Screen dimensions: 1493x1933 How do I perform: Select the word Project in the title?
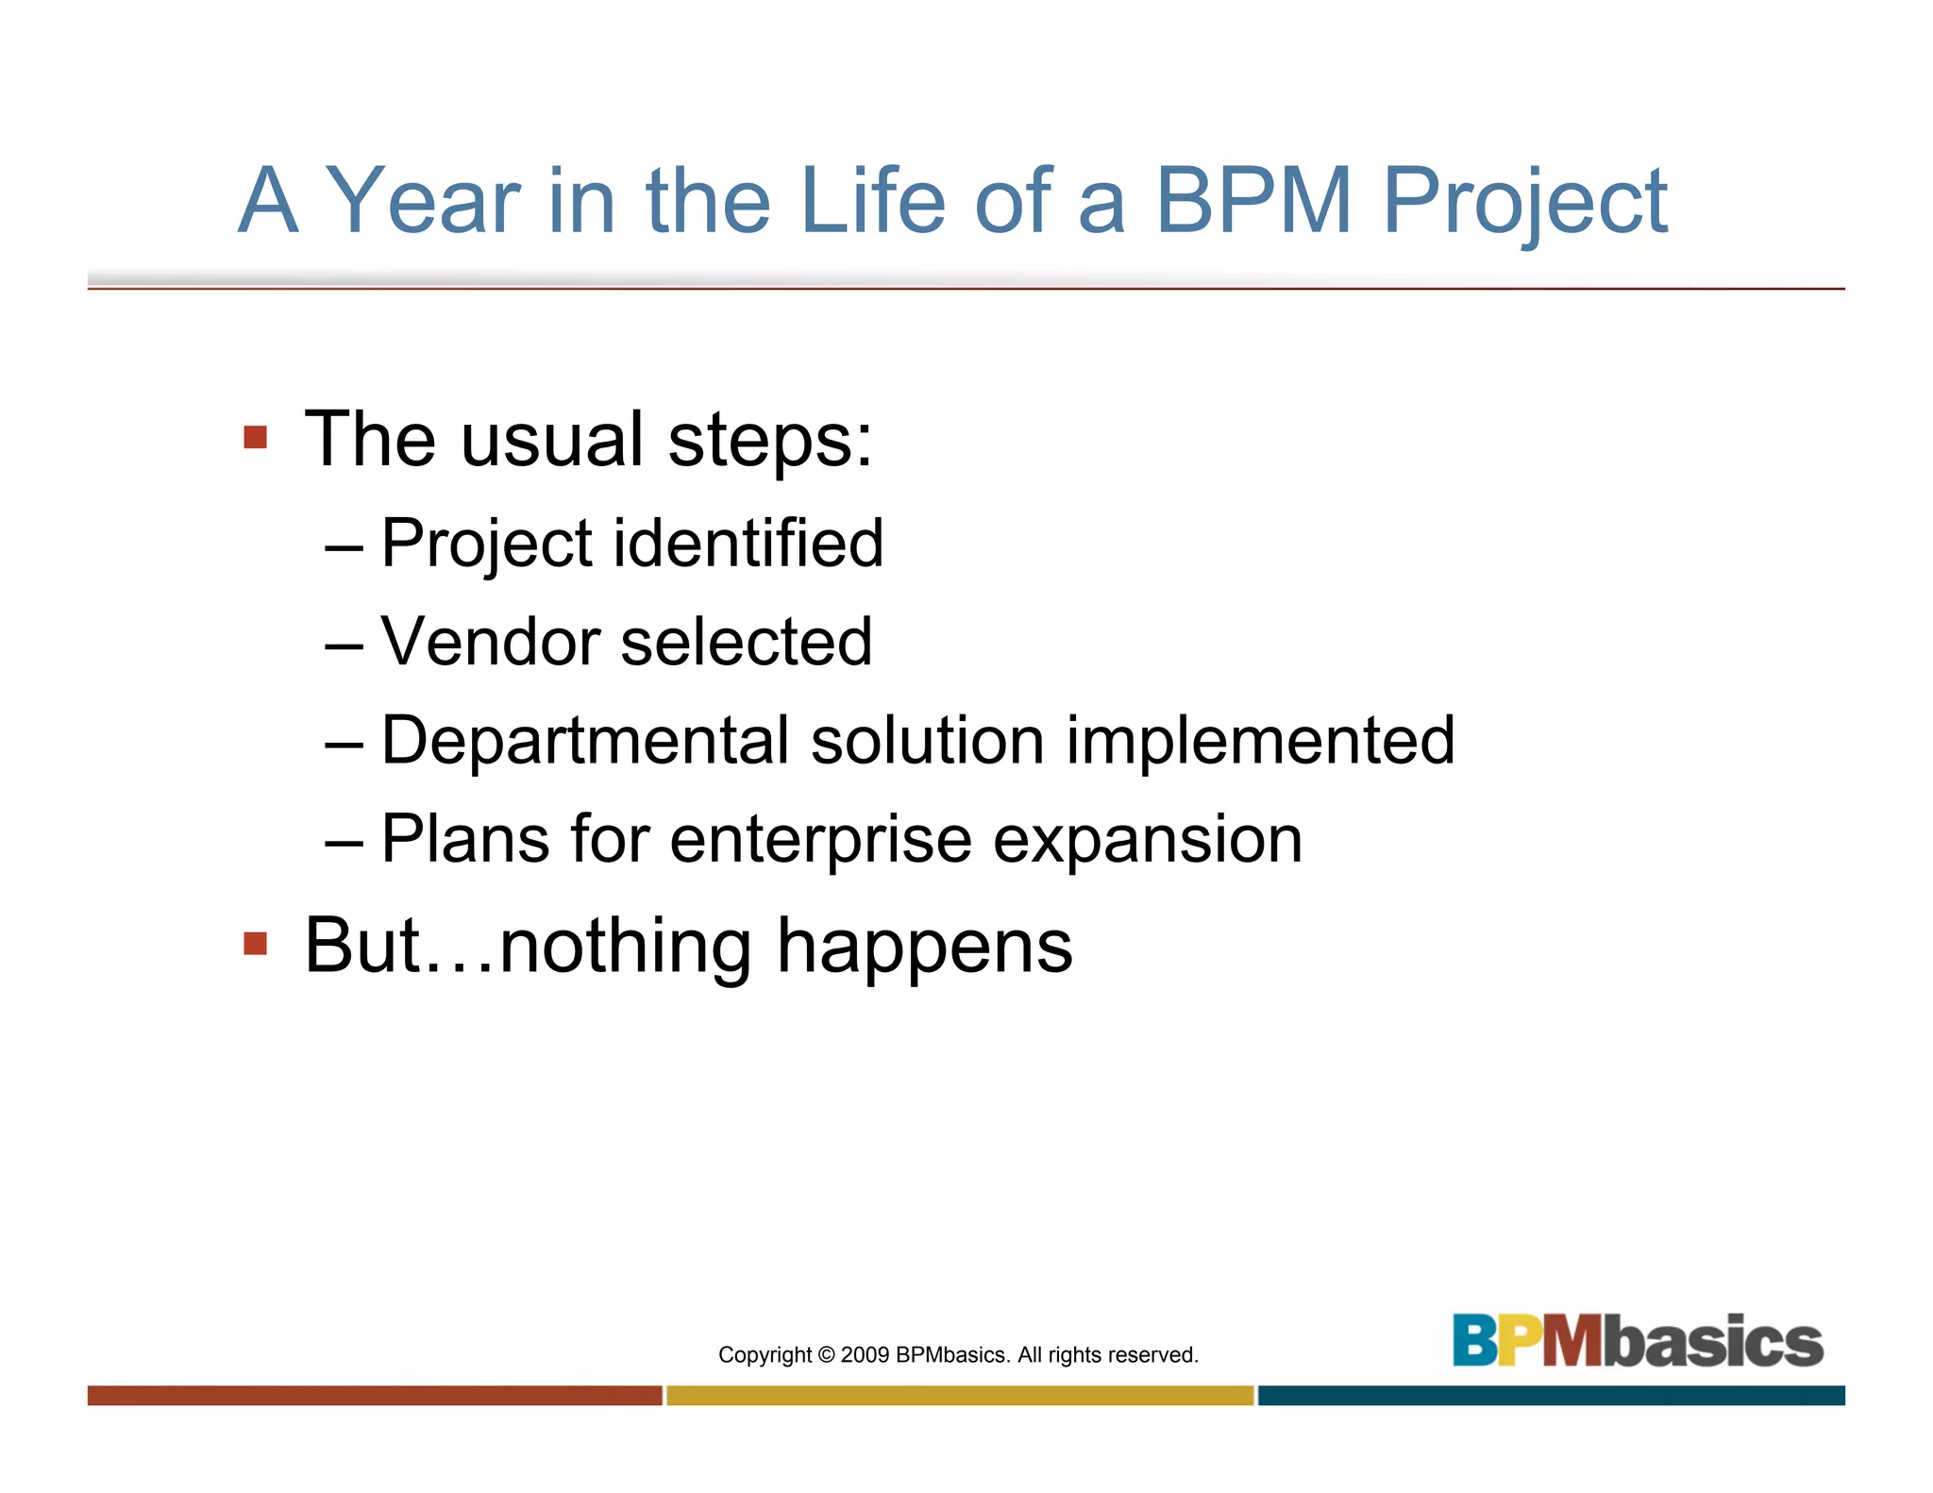pos(1524,203)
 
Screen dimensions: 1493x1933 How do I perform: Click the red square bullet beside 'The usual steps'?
pos(255,437)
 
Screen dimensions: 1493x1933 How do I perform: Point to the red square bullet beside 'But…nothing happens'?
pos(255,943)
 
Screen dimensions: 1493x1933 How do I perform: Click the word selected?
pos(746,642)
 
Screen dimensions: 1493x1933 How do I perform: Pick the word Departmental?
pos(584,742)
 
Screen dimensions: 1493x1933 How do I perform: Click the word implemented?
pos(1260,742)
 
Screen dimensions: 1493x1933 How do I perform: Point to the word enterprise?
pos(820,841)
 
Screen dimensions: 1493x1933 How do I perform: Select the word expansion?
pos(1147,841)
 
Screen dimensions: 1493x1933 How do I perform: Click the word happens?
pos(924,948)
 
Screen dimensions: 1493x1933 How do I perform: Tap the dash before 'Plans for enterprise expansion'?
pos(343,841)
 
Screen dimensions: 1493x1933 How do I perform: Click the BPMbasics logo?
pos(1637,1340)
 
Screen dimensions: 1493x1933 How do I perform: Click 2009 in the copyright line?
pos(865,1355)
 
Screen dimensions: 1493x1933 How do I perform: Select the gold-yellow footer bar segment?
pos(960,1395)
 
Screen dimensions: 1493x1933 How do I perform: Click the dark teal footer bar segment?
pos(1551,1395)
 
